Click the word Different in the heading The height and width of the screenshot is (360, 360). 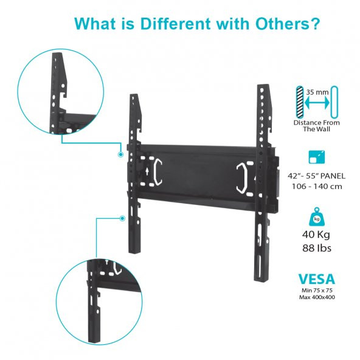tap(175, 23)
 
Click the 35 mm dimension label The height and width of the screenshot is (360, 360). tap(317, 92)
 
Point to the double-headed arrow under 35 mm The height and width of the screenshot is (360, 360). tap(317, 103)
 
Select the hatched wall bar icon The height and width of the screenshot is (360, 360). tap(300, 102)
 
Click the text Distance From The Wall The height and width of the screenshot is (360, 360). tap(317, 126)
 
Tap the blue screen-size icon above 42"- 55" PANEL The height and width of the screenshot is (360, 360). tap(317, 157)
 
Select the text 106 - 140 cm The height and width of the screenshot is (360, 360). tap(317, 186)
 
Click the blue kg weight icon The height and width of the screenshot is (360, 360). tap(317, 216)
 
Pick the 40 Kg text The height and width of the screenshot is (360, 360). tap(316, 235)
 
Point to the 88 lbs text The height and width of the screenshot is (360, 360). tap(317, 248)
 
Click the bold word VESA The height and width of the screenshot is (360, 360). tap(317, 279)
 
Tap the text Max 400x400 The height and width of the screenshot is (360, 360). tap(317, 297)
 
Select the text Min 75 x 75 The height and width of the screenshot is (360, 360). tap(317, 291)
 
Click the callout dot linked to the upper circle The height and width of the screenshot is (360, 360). tap(120, 154)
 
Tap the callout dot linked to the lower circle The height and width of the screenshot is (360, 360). tap(123, 218)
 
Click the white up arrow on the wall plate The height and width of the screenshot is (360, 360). tap(147, 171)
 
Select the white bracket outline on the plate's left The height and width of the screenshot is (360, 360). tap(158, 171)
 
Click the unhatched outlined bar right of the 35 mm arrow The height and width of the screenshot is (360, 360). tap(334, 102)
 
